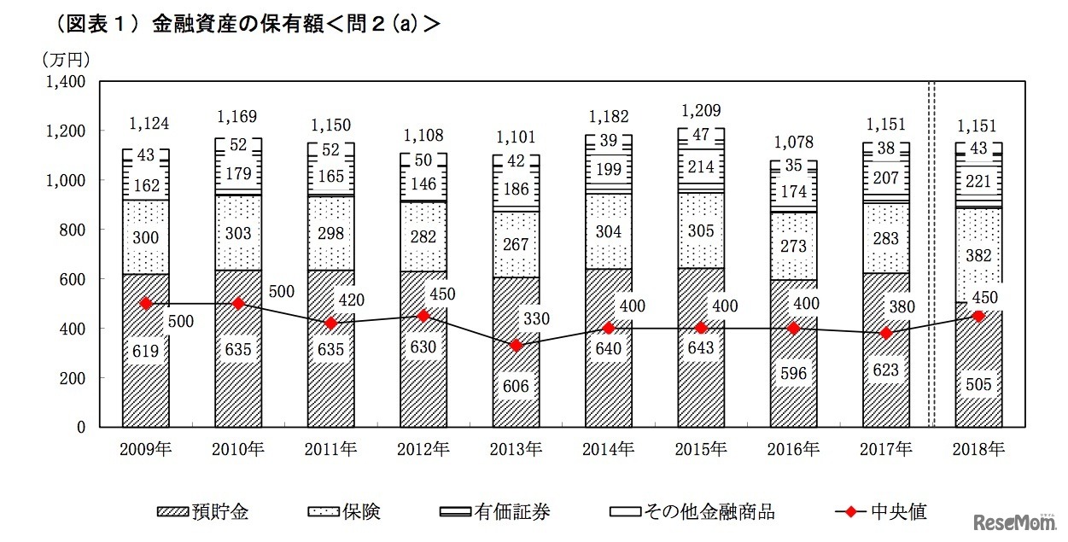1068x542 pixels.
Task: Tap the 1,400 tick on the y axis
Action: coord(67,82)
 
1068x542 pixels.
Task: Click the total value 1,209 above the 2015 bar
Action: coord(700,110)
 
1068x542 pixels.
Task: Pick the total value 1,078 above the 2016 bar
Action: coord(793,142)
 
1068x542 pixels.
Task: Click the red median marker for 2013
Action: coord(516,346)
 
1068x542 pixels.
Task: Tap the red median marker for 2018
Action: coord(978,316)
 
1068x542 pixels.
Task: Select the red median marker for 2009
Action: coord(146,303)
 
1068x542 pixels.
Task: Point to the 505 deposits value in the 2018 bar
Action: coord(978,385)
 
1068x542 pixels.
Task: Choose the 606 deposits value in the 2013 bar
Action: coord(516,386)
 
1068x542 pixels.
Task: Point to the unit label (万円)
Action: coord(66,59)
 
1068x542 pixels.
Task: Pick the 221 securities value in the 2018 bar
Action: coord(978,180)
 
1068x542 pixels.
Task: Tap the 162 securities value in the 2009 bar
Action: coord(146,183)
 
